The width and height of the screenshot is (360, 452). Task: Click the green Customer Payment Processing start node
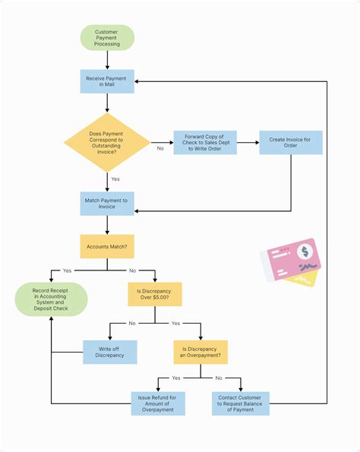[x=107, y=38]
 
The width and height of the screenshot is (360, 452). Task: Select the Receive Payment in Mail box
[x=107, y=81]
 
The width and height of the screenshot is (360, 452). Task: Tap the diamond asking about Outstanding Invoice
[x=106, y=142]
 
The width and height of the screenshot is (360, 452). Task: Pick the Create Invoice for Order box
[x=290, y=143]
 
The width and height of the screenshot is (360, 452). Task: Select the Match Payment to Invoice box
[x=107, y=203]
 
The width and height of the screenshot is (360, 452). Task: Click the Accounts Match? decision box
[x=107, y=246]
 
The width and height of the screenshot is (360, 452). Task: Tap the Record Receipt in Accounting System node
[x=51, y=299]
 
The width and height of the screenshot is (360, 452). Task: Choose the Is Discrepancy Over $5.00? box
[x=155, y=294]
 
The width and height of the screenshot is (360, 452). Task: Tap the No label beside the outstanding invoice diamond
[x=160, y=149]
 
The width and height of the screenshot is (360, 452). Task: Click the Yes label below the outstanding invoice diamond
[x=115, y=179]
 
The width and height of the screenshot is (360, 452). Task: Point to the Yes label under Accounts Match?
[x=68, y=270]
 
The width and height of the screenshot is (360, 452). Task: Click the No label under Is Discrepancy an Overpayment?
[x=219, y=378]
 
